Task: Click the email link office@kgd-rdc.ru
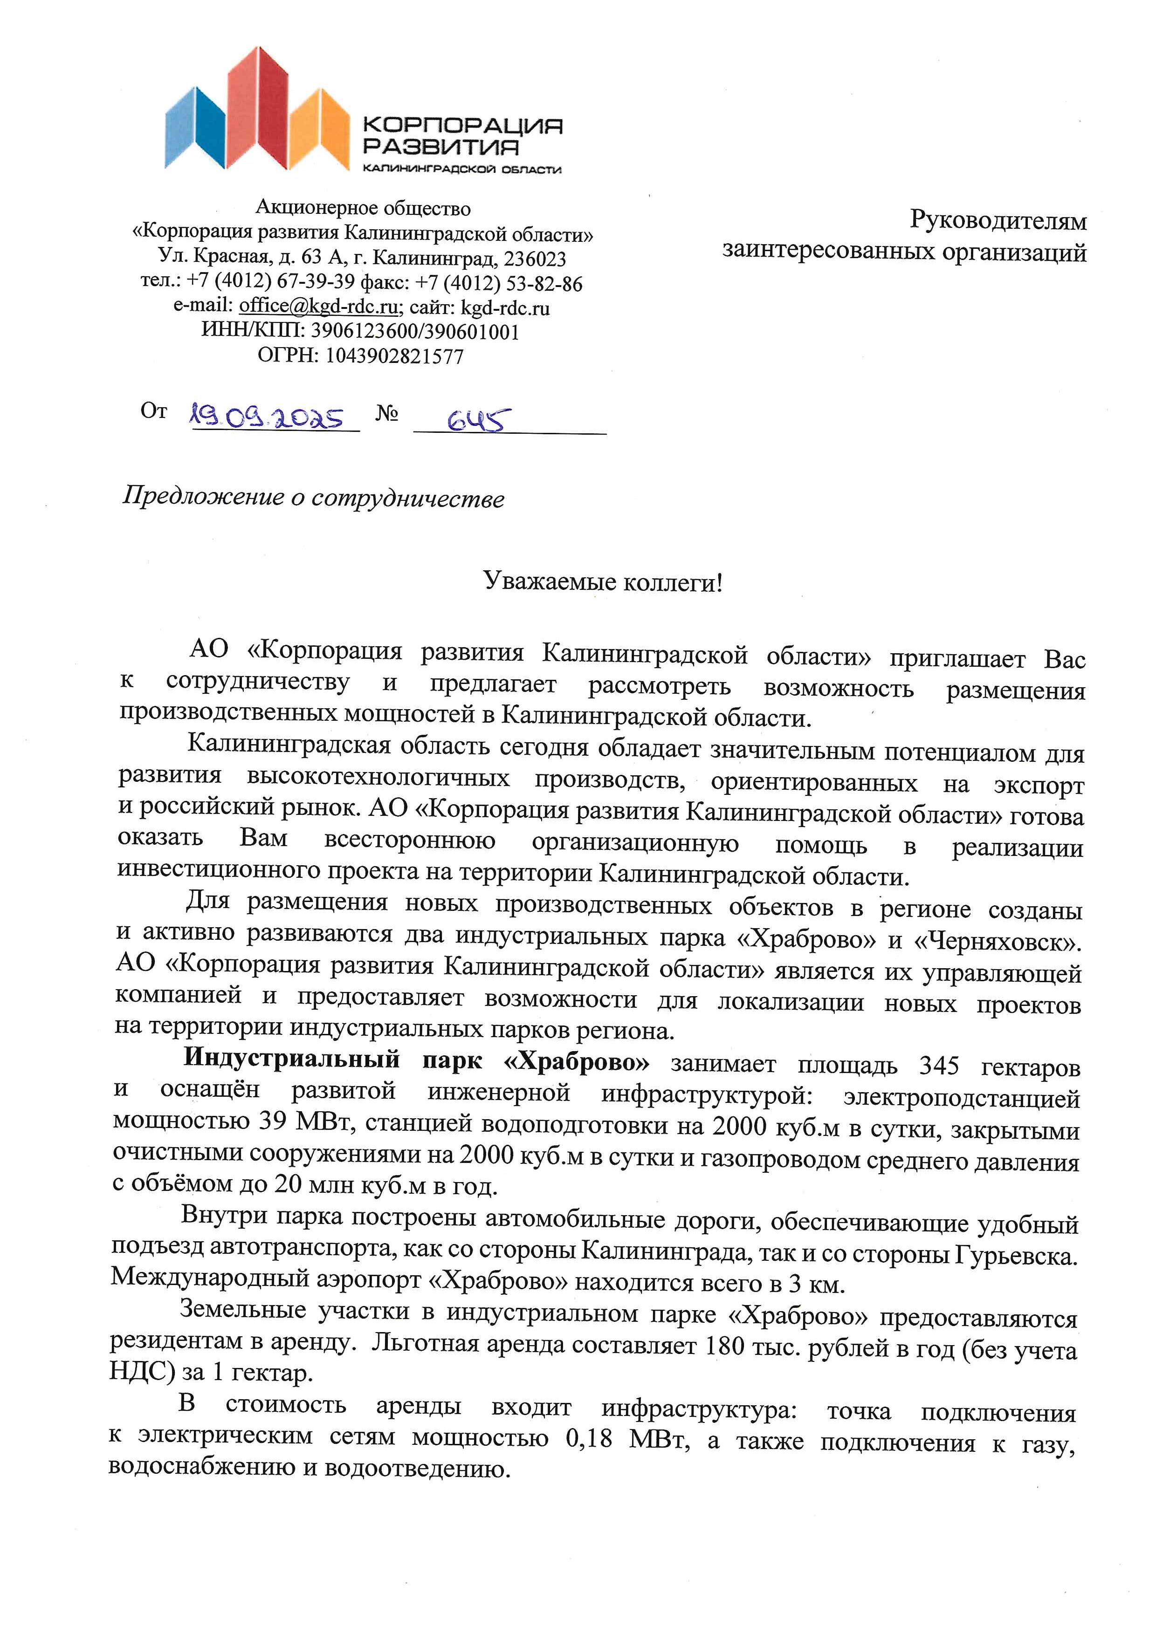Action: [318, 306]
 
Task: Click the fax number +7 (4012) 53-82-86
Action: [499, 283]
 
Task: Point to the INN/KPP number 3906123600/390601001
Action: [415, 332]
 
